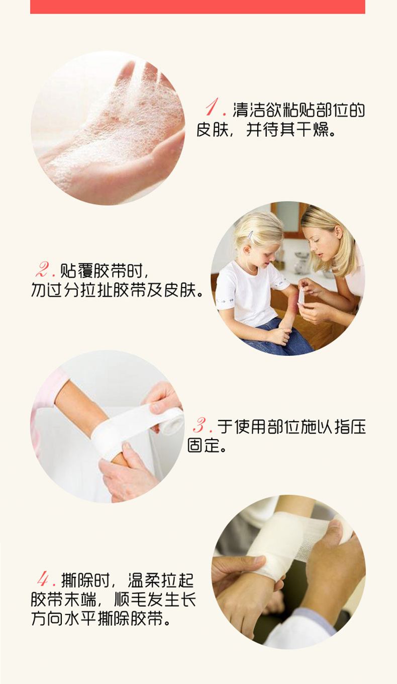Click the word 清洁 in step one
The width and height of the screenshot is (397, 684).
250,110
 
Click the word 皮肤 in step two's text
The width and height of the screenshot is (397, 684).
179,290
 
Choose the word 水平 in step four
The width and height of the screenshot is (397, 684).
104,619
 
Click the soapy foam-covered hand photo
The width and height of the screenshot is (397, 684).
108,128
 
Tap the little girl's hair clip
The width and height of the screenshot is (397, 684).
250,235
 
